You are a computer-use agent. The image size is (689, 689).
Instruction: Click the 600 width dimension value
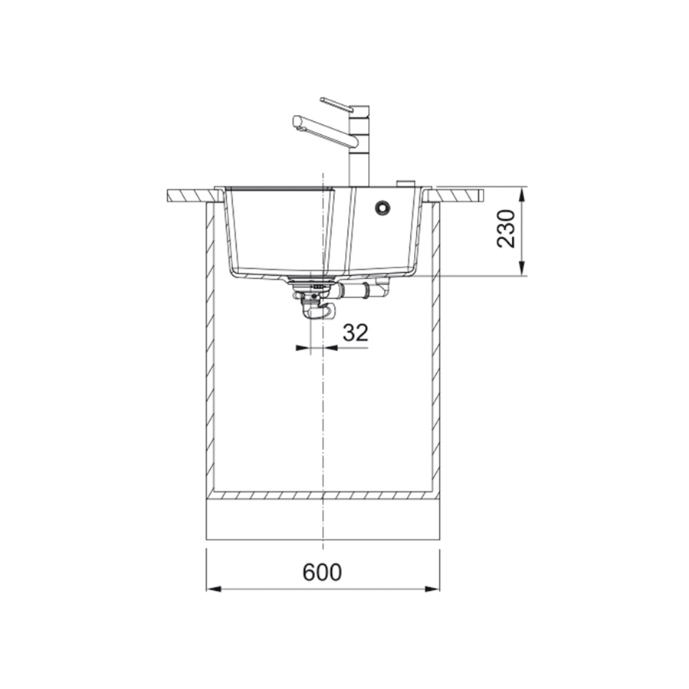tap(323, 573)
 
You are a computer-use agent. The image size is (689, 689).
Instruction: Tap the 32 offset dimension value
tap(356, 332)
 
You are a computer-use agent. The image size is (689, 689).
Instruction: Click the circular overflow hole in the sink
tap(381, 207)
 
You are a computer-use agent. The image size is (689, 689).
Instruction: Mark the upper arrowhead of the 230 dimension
tap(523, 194)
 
